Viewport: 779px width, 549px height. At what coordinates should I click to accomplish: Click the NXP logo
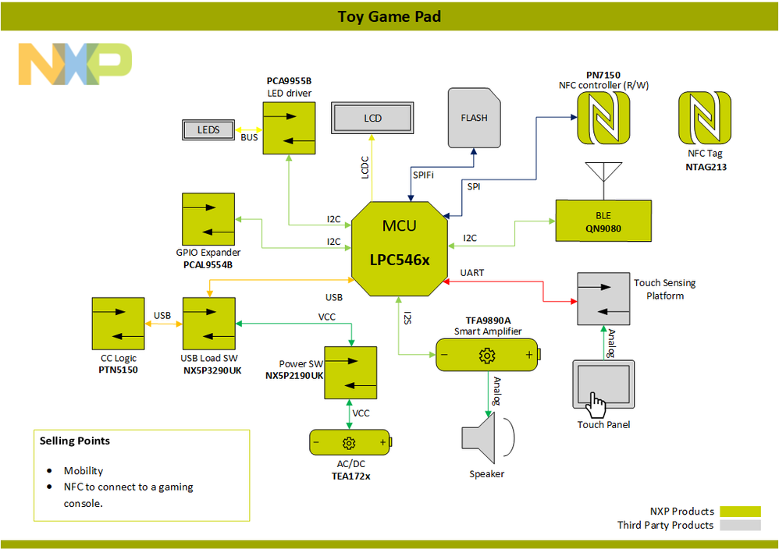(75, 64)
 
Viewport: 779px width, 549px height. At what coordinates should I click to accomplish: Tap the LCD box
(372, 118)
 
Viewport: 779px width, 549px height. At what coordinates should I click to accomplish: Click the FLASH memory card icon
(474, 118)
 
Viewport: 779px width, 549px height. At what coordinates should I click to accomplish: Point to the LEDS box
(208, 130)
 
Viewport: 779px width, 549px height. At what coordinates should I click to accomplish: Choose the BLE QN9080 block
(603, 220)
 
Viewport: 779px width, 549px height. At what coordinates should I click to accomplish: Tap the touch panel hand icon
(597, 406)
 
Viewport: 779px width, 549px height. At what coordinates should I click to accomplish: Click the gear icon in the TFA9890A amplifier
(487, 356)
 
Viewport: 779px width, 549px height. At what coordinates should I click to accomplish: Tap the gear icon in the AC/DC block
(349, 443)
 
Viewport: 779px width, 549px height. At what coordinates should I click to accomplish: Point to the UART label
(472, 272)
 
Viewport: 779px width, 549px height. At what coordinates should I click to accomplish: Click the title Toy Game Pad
(389, 16)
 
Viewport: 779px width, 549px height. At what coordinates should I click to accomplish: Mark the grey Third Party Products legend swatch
(740, 526)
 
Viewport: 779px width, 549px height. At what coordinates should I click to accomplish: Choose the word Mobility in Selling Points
(84, 471)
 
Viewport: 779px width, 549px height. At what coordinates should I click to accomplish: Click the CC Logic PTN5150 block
(118, 324)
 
